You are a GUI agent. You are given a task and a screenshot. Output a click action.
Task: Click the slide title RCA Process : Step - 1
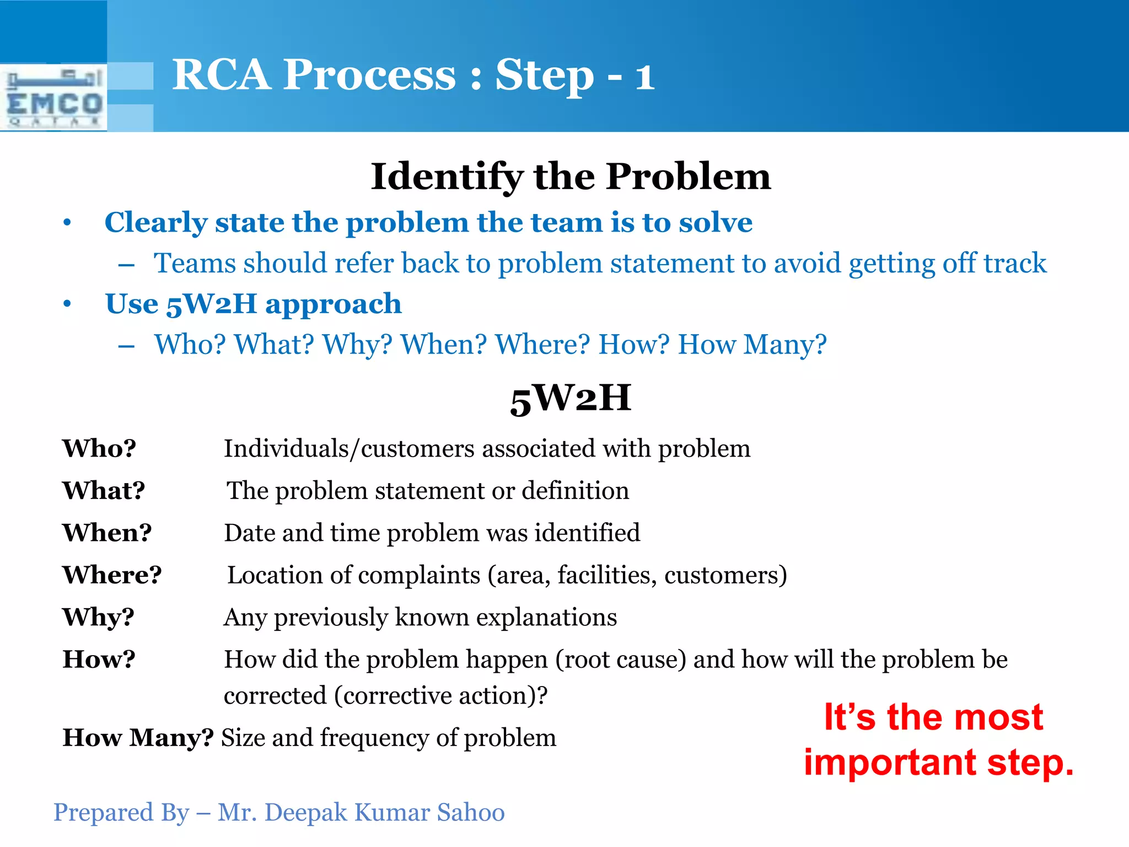pyautogui.click(x=413, y=76)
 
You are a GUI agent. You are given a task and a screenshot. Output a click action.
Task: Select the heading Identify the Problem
pyautogui.click(x=571, y=177)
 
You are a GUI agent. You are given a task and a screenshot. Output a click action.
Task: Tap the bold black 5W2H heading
pyautogui.click(x=571, y=398)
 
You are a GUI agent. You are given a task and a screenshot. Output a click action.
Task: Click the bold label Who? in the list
pyautogui.click(x=99, y=448)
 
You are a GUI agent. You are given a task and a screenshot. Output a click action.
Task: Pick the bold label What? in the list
pyautogui.click(x=104, y=490)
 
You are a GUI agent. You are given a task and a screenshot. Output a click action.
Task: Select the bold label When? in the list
pyautogui.click(x=107, y=533)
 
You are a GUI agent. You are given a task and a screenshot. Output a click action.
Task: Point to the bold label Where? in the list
pyautogui.click(x=112, y=575)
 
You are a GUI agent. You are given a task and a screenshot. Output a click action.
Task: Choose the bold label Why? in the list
pyautogui.click(x=98, y=617)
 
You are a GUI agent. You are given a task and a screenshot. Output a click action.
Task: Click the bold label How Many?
pyautogui.click(x=138, y=738)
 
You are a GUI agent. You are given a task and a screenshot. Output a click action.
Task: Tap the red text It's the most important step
pyautogui.click(x=938, y=739)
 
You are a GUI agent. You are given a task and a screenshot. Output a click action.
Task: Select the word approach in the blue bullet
pyautogui.click(x=333, y=304)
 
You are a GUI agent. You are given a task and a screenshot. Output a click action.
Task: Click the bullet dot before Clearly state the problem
pyautogui.click(x=67, y=223)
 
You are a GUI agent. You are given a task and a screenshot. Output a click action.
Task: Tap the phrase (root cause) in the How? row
pyautogui.click(x=620, y=660)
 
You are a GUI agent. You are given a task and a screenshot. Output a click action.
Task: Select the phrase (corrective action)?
pyautogui.click(x=440, y=696)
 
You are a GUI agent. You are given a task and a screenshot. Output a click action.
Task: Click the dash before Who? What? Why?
pyautogui.click(x=126, y=346)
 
